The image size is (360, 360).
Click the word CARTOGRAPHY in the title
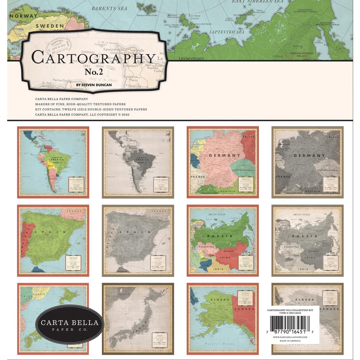(93, 58)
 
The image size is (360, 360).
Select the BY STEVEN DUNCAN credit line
(94, 85)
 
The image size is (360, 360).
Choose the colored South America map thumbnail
(53, 162)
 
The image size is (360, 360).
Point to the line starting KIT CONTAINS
(91, 109)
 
